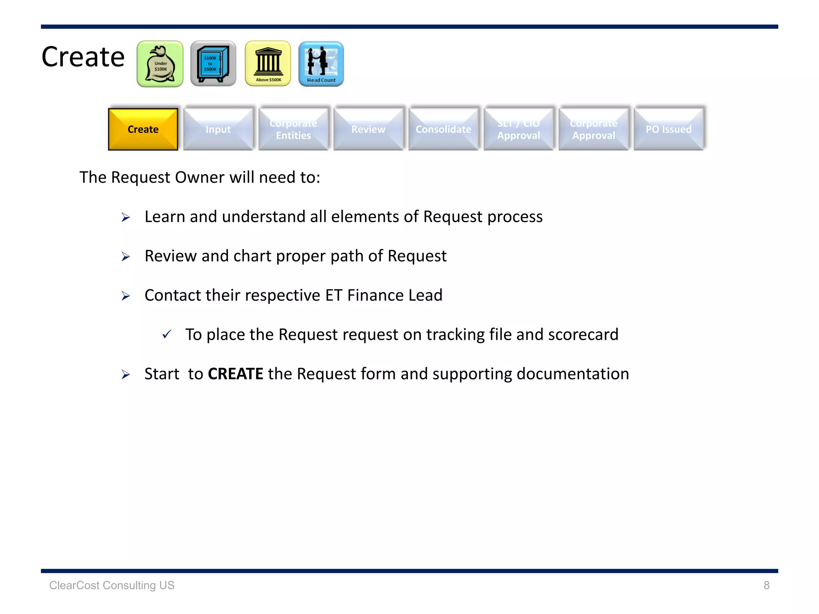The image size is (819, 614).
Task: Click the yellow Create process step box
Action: pyautogui.click(x=143, y=129)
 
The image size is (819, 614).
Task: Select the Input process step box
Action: pyautogui.click(x=218, y=129)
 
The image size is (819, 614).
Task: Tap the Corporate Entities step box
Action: pyautogui.click(x=293, y=129)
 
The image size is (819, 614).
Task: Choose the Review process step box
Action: pyautogui.click(x=368, y=129)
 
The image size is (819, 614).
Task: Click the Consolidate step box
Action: pyautogui.click(x=443, y=129)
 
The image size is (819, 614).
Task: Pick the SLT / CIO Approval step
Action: pyautogui.click(x=518, y=129)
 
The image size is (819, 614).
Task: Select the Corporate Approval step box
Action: pyautogui.click(x=593, y=129)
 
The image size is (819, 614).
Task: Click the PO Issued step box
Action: pyautogui.click(x=669, y=129)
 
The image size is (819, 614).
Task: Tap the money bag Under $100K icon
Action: pyautogui.click(x=160, y=64)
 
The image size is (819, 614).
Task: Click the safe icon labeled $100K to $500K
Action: pyautogui.click(x=213, y=64)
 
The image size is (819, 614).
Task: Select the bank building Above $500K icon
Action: pyautogui.click(x=268, y=64)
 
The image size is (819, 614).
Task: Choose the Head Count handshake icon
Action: pyautogui.click(x=321, y=64)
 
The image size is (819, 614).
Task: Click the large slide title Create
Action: pyautogui.click(x=83, y=57)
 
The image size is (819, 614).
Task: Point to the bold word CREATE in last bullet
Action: pyautogui.click(x=235, y=374)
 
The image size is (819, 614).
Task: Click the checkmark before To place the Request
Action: pyautogui.click(x=167, y=334)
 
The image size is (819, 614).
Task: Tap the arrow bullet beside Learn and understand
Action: pyautogui.click(x=126, y=217)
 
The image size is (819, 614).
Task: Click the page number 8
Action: pyautogui.click(x=766, y=585)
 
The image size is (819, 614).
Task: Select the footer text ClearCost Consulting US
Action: pyautogui.click(x=112, y=585)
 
